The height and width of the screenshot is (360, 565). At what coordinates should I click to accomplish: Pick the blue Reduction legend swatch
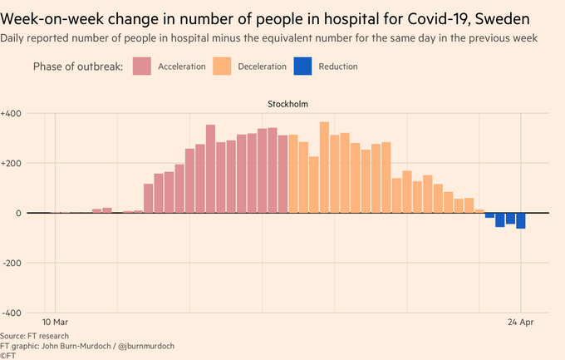(x=305, y=66)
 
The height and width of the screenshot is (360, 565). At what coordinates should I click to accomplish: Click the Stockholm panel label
(x=288, y=104)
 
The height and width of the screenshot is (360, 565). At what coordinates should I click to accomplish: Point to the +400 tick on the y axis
(x=12, y=113)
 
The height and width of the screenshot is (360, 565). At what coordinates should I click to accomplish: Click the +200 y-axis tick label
(x=12, y=163)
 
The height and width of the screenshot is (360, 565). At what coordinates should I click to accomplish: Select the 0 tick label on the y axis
(x=18, y=213)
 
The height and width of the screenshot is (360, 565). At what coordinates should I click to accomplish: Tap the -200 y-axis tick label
(x=12, y=263)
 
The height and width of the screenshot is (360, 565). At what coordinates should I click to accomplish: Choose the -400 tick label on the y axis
(x=12, y=313)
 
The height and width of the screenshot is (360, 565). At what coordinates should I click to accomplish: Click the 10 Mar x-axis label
(x=55, y=322)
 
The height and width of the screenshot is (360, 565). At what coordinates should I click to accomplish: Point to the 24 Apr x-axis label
(x=521, y=322)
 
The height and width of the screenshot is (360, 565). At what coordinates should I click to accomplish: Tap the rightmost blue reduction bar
(x=521, y=220)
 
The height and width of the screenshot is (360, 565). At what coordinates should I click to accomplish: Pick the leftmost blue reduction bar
(x=489, y=215)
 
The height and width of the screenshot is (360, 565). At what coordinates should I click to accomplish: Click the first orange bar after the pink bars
(x=293, y=173)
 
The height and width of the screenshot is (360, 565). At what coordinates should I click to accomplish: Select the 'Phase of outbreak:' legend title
(x=79, y=66)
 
